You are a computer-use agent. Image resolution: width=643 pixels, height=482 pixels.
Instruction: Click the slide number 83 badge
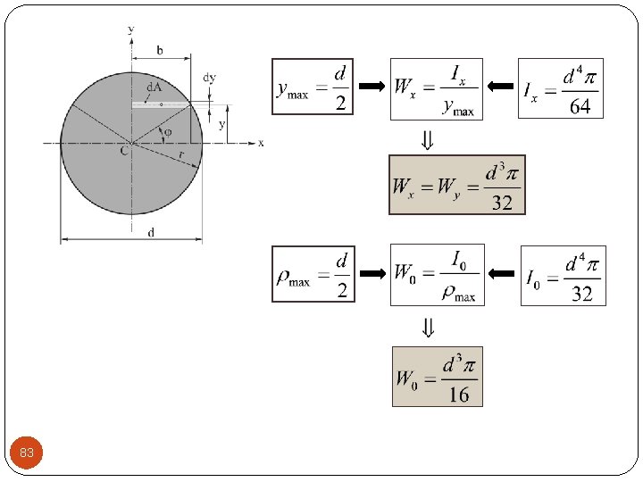[x=27, y=453]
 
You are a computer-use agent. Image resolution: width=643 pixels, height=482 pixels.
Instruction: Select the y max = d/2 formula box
[x=313, y=87]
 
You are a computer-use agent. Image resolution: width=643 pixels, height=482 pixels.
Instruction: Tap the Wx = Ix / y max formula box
[x=437, y=88]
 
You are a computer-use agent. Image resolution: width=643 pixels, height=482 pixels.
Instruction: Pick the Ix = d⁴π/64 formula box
[x=560, y=88]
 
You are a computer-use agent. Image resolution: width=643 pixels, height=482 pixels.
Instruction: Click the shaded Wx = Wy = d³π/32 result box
[x=456, y=185]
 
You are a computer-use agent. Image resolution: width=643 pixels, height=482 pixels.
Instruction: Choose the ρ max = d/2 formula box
[x=313, y=274]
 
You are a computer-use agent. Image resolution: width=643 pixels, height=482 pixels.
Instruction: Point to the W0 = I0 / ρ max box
[x=437, y=274]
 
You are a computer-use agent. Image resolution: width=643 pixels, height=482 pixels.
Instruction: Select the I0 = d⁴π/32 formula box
[x=563, y=275]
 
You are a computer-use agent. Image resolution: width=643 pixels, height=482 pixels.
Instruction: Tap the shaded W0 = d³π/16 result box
[x=438, y=377]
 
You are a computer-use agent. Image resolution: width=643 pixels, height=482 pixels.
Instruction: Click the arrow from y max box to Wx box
[x=372, y=87]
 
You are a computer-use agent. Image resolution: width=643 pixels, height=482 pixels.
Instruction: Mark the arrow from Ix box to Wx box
[x=501, y=87]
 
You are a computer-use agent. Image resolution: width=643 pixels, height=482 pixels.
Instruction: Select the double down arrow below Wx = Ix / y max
[x=429, y=138]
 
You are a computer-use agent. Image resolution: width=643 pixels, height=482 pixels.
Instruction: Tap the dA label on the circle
[x=154, y=87]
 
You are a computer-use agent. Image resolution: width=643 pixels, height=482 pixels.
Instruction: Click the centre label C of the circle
[x=124, y=152]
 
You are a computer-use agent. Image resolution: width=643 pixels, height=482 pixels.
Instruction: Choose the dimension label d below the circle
[x=150, y=232]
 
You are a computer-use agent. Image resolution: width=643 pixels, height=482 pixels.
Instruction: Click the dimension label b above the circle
[x=160, y=51]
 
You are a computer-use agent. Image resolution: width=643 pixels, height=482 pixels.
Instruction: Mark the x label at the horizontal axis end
[x=261, y=143]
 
